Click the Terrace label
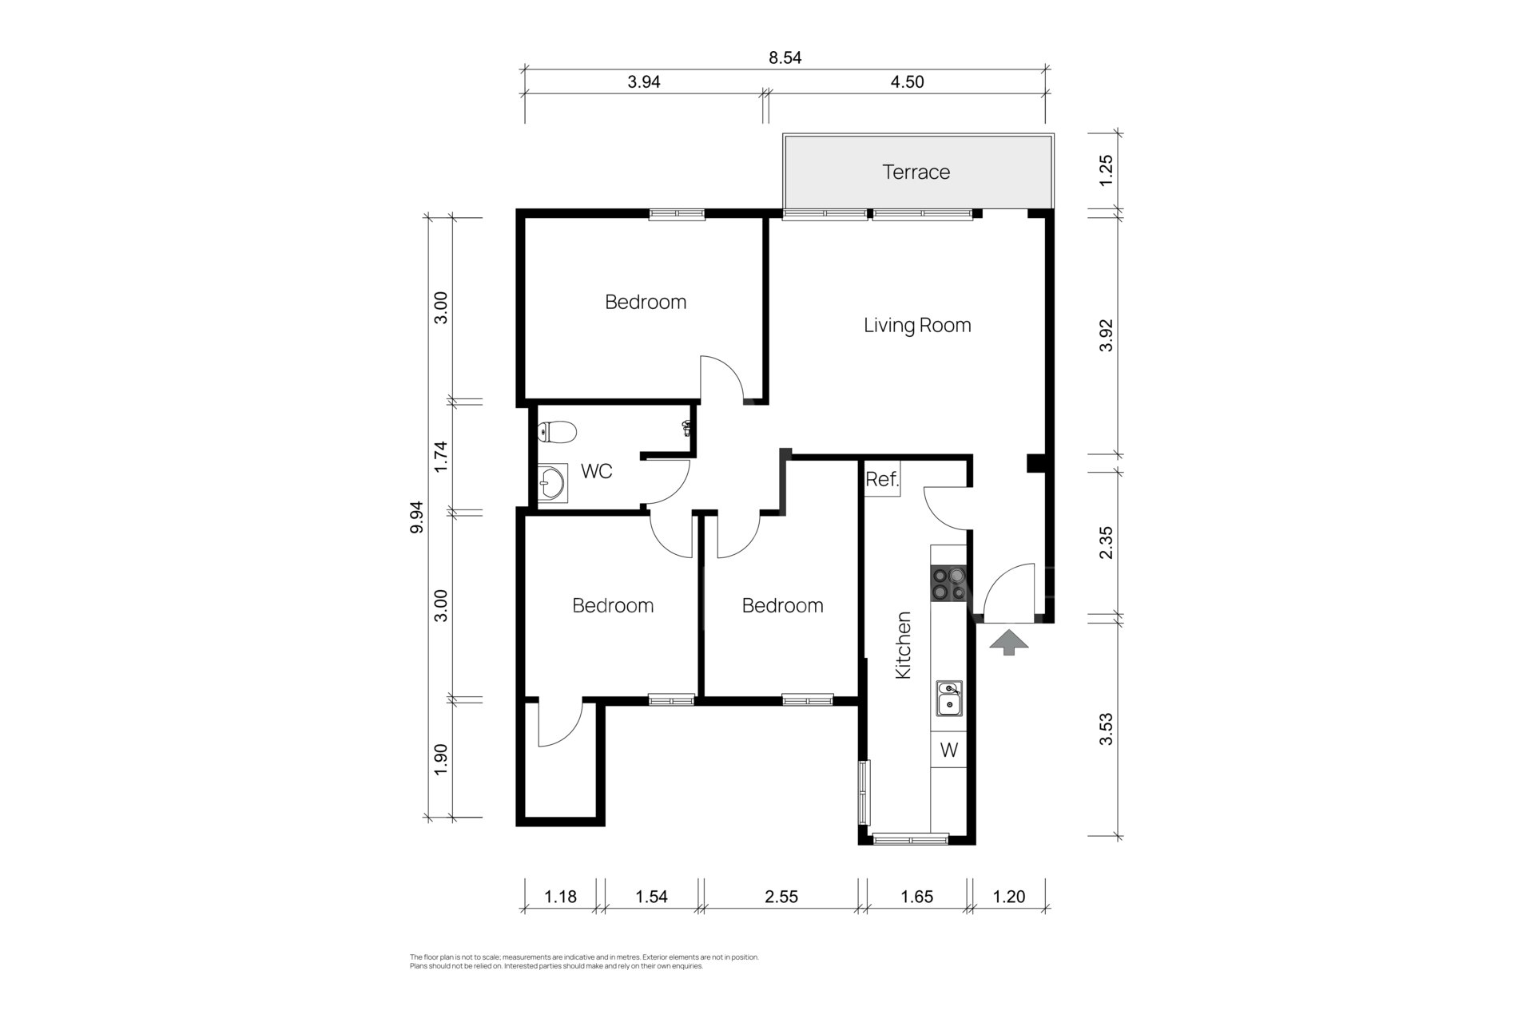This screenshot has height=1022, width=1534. coord(916,172)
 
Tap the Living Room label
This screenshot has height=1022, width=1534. coord(917,325)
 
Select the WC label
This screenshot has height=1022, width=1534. coord(596,471)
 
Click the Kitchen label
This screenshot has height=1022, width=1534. coord(904,645)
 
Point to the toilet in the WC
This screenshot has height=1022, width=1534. coord(557,433)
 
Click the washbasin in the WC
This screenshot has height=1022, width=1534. coord(551,483)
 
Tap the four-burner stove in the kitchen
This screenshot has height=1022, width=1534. coord(948,584)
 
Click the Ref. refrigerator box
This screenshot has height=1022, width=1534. coord(883,479)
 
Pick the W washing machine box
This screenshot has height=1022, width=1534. coord(949,751)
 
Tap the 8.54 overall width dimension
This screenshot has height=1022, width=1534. coord(785,57)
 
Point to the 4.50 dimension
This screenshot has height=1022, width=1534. coord(907,81)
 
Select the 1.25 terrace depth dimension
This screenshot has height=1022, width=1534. coord(1106,171)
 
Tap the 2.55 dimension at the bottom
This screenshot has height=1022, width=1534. coord(781,897)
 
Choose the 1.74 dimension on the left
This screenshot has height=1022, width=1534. coord(440,457)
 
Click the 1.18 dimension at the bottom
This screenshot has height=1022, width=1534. coord(561,897)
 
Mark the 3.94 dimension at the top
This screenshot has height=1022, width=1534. coord(644,81)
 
